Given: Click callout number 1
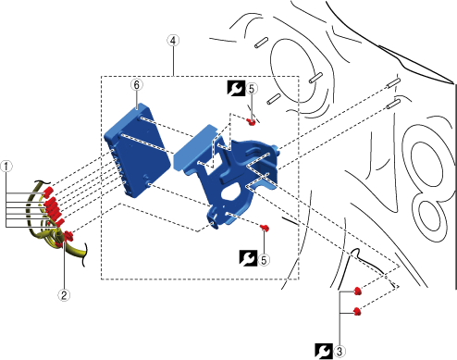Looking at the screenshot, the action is pyautogui.click(x=6, y=167).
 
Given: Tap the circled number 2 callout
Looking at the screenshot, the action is pyautogui.click(x=64, y=295).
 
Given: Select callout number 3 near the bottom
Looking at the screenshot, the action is pyautogui.click(x=340, y=352).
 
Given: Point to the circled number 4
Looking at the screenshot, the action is pyautogui.click(x=173, y=41).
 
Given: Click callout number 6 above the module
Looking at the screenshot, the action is pyautogui.click(x=137, y=84).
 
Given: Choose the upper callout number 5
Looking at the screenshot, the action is pyautogui.click(x=252, y=89).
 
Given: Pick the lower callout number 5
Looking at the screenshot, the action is pyautogui.click(x=264, y=260).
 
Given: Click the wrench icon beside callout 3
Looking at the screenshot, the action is pyautogui.click(x=324, y=352).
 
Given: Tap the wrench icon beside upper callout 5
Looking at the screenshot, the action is pyautogui.click(x=236, y=88).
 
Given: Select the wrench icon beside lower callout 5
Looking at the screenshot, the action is pyautogui.click(x=248, y=258).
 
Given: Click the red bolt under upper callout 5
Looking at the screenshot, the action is pyautogui.click(x=252, y=122).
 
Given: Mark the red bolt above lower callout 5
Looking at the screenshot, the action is pyautogui.click(x=265, y=229).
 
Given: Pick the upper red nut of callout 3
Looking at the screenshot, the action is pyautogui.click(x=357, y=291).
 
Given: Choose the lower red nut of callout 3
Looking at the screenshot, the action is pyautogui.click(x=357, y=311).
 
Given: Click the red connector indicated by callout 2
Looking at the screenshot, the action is pyautogui.click(x=68, y=236).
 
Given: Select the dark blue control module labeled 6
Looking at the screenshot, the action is pyautogui.click(x=137, y=150).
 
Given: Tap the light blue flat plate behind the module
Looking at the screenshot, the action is pyautogui.click(x=194, y=147).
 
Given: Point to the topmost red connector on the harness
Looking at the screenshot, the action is pyautogui.click(x=47, y=192).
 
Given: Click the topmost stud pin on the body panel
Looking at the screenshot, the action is pyautogui.click(x=262, y=43).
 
